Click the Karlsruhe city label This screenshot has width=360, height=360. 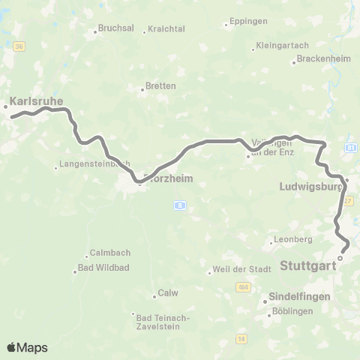[x=36, y=100]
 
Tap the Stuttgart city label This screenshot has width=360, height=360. [x=309, y=265]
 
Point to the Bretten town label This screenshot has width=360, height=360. [x=160, y=86]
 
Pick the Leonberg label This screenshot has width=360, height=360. [x=294, y=239]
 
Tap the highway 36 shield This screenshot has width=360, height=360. [x=19, y=46]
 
